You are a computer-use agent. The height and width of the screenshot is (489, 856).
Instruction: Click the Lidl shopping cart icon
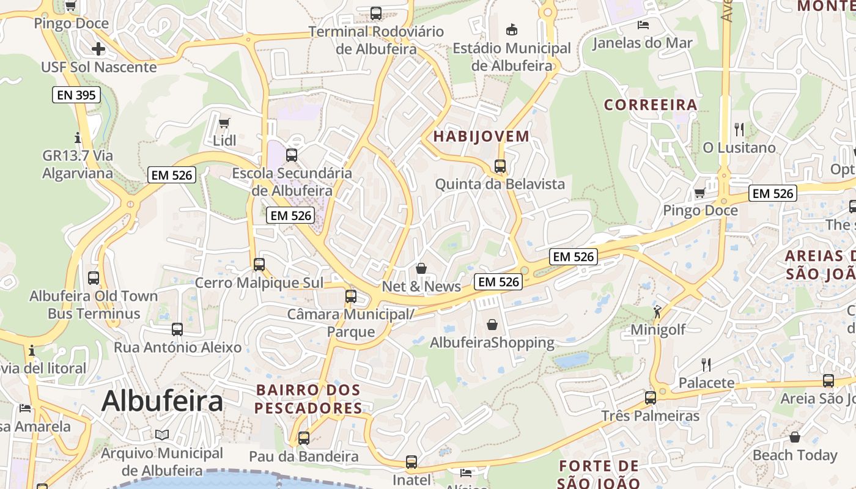coord(224,123)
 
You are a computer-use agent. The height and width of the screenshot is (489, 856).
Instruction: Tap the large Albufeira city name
coord(162,402)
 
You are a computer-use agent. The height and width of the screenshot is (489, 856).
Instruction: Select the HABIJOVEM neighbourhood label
coord(481,136)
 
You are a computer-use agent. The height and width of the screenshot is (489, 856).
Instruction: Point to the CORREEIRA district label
coord(651,105)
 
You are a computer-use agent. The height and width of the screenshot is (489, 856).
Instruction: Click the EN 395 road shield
coord(76,95)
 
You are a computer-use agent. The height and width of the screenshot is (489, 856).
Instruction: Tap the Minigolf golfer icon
coord(657,311)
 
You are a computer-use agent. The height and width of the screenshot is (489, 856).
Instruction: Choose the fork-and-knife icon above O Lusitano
coord(739,129)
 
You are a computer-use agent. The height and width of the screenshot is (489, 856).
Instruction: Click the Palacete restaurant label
coord(706,383)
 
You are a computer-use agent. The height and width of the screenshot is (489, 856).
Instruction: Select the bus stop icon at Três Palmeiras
coord(650,397)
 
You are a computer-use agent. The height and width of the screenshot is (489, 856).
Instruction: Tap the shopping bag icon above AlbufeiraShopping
coord(492,325)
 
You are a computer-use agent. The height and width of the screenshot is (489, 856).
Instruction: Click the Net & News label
coord(421,286)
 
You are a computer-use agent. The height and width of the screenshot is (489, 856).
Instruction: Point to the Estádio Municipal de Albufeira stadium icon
coord(512,29)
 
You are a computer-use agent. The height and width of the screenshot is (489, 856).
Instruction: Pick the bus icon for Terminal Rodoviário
coord(376,13)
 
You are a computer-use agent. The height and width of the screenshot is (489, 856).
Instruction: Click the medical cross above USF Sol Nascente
coord(98,49)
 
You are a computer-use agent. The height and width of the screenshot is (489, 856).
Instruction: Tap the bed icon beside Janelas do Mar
coord(643,25)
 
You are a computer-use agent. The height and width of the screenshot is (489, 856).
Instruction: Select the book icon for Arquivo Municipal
coord(161,435)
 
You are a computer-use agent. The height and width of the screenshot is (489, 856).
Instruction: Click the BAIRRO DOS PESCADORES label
coord(308,399)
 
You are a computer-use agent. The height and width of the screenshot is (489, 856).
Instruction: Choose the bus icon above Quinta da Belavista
coord(500,166)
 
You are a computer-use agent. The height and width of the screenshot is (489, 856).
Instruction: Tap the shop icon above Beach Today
coord(795,437)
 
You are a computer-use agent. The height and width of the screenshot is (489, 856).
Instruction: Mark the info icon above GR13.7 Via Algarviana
coord(78,137)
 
